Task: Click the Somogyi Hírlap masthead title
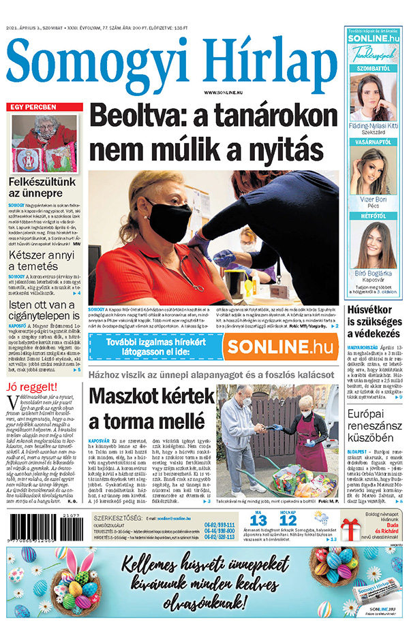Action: pyautogui.click(x=169, y=61)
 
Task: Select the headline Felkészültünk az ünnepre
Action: pyautogui.click(x=41, y=188)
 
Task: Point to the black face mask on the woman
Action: pyautogui.click(x=169, y=219)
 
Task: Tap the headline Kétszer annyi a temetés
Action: pyautogui.click(x=42, y=260)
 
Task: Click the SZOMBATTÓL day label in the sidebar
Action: pyautogui.click(x=374, y=69)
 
